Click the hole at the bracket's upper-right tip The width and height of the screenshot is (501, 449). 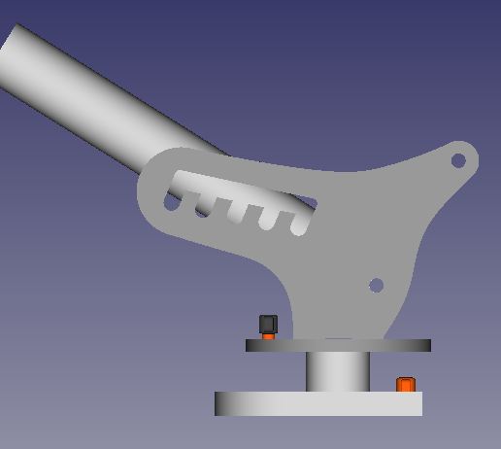tap(458, 160)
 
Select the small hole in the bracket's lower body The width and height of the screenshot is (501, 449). tap(377, 286)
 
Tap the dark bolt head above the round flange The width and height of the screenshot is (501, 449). tap(268, 324)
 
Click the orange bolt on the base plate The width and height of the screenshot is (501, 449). tap(406, 385)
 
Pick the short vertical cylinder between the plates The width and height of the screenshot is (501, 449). tap(337, 371)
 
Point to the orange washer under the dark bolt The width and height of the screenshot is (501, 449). tap(269, 336)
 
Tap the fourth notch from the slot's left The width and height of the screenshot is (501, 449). tap(266, 220)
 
